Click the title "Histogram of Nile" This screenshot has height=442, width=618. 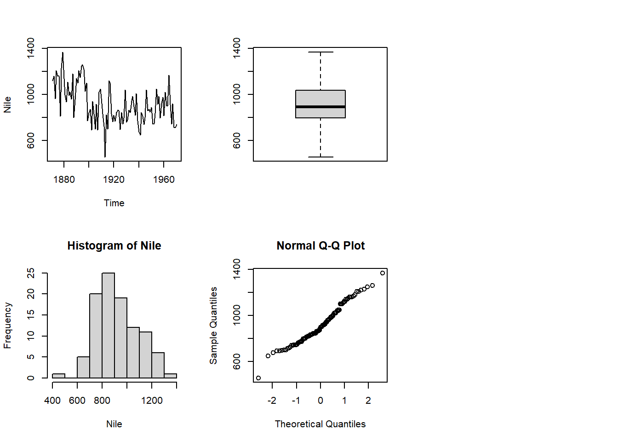point(114,246)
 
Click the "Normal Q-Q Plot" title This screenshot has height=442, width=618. point(320,246)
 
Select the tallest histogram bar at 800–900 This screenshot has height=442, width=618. point(108,325)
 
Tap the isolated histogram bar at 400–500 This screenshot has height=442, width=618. point(58,376)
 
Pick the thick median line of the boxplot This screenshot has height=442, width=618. point(320,107)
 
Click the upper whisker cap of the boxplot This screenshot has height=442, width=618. point(320,52)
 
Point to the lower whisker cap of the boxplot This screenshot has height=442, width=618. point(320,157)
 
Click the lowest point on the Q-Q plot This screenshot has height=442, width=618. point(258,378)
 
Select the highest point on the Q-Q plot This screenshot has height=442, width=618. point(383,273)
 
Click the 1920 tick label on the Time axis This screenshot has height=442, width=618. point(114,180)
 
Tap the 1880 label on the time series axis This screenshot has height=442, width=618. point(64,180)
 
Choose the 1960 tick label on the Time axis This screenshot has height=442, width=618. point(164,180)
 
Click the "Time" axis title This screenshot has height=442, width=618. point(114,203)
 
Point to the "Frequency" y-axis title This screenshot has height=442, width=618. point(7,325)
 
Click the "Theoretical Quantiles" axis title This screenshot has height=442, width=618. point(320,424)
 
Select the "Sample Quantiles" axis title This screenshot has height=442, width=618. point(213,325)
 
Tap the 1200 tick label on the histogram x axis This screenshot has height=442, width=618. point(152,401)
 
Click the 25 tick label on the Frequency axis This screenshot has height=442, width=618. point(31,273)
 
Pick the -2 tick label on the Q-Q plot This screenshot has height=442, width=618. point(272,401)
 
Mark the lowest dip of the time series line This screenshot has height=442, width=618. point(105,157)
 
